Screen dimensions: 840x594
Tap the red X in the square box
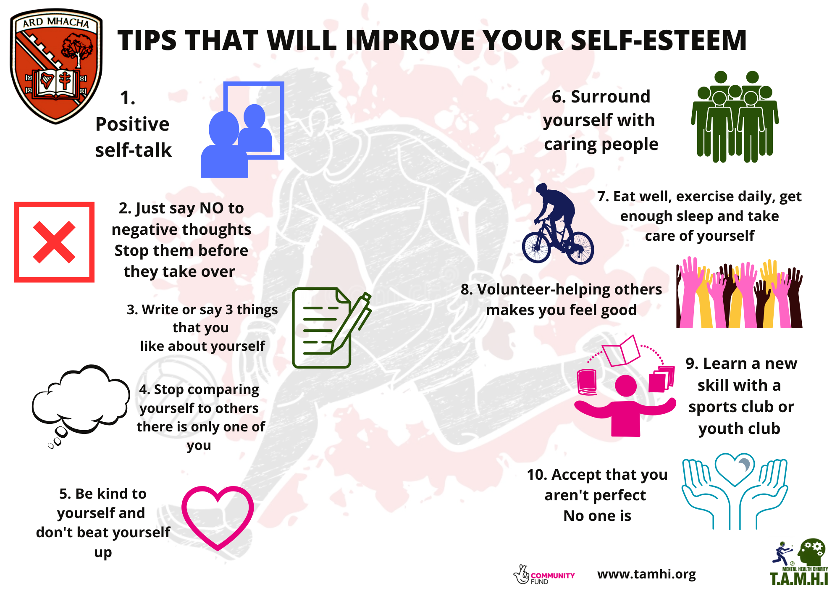[54, 242]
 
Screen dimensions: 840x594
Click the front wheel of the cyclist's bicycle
[536, 248]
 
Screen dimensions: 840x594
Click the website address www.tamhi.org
[646, 574]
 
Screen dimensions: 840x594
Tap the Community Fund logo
[543, 575]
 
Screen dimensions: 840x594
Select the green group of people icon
[735, 117]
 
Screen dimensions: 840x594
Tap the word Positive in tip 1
[132, 124]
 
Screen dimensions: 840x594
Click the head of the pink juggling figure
[626, 386]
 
